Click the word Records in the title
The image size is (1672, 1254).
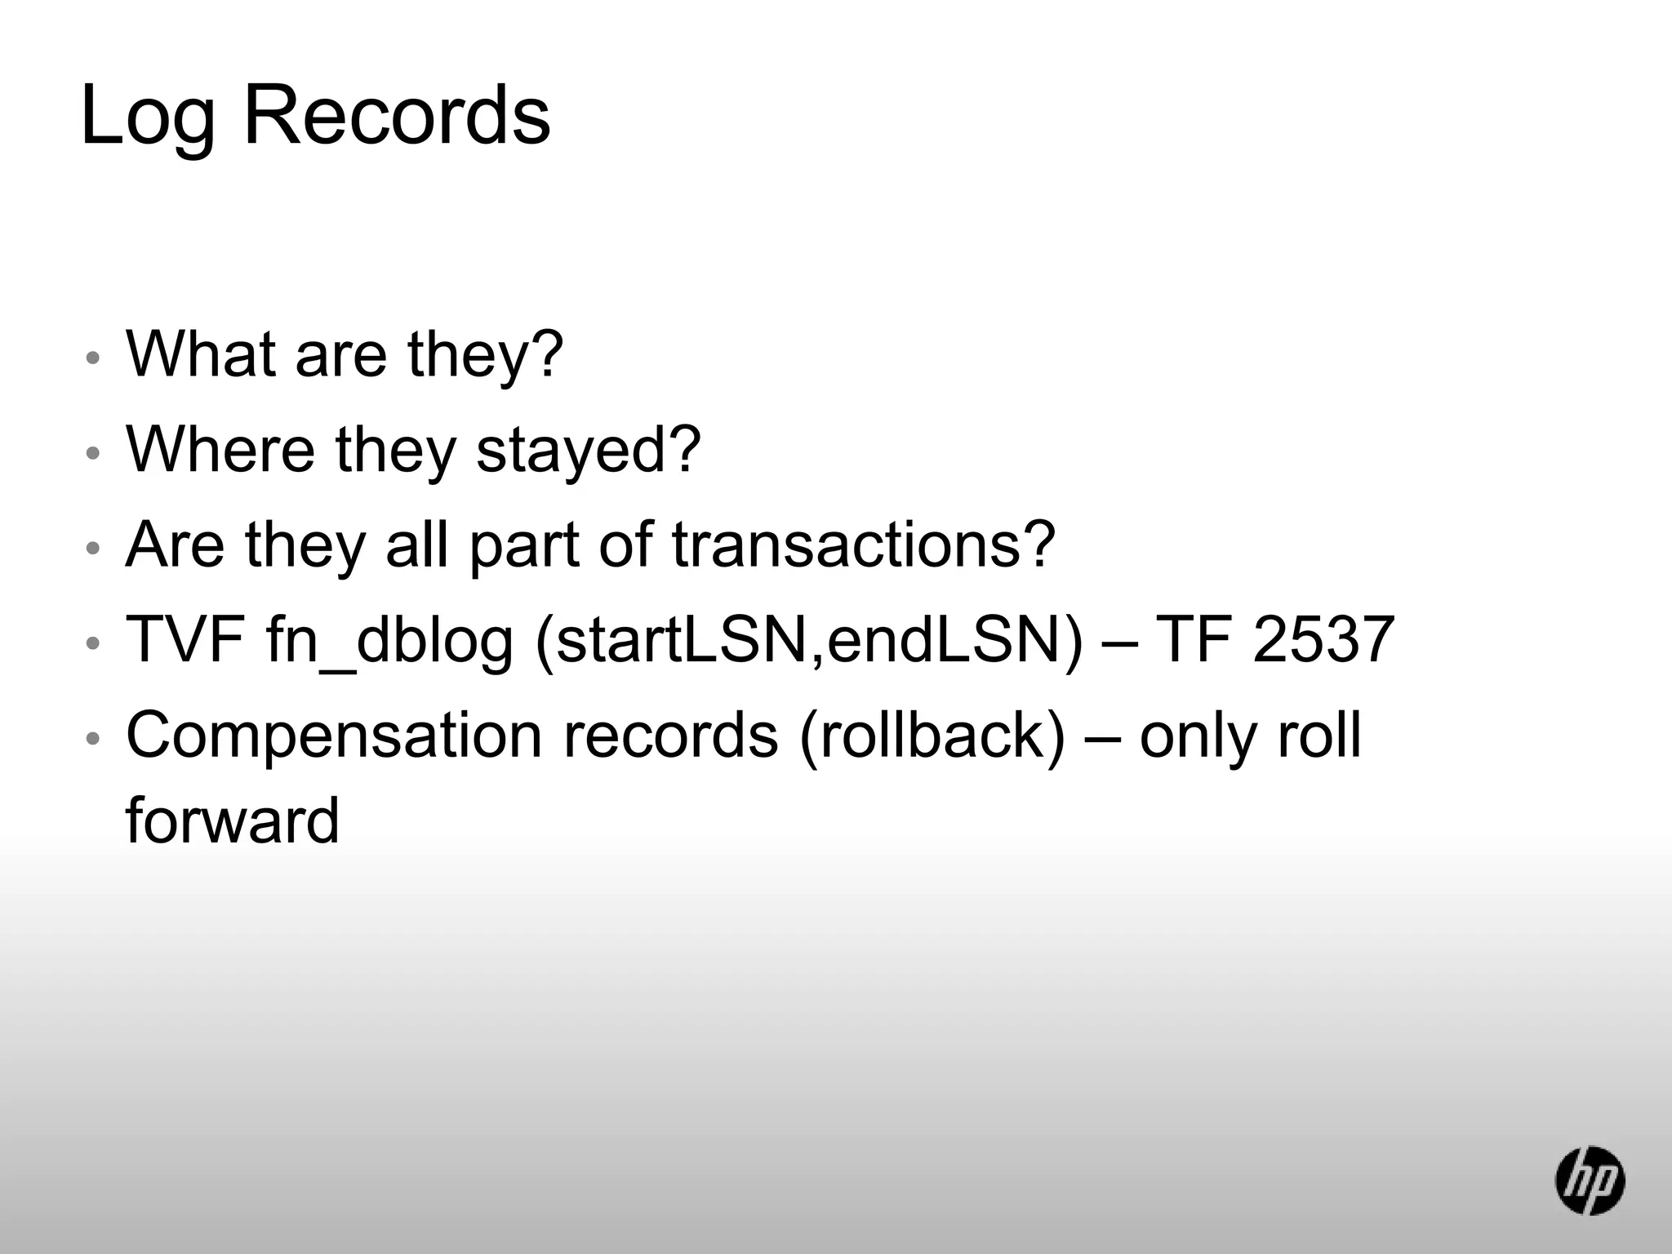[397, 116]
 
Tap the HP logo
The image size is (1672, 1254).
[1590, 1181]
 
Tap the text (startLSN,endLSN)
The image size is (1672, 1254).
[808, 641]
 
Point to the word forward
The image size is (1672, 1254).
[232, 820]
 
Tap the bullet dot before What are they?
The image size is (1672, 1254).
[93, 358]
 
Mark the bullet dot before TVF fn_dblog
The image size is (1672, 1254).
[93, 643]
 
